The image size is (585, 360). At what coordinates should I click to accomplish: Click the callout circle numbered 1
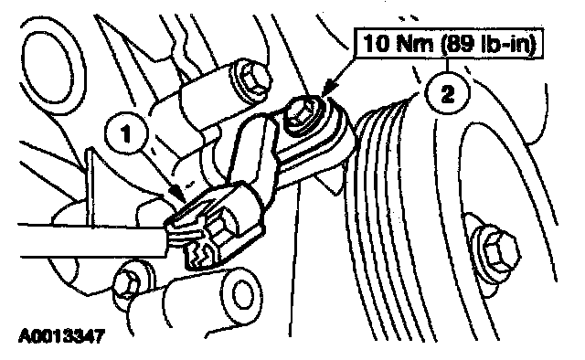126,133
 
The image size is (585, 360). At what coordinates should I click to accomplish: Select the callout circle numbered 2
447,93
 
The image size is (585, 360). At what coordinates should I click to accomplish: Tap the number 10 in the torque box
378,43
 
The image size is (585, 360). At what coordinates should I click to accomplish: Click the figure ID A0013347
61,336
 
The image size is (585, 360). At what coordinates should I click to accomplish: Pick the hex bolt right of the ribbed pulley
496,249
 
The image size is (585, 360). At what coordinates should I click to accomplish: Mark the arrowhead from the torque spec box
326,91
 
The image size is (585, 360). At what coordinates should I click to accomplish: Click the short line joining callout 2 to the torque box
447,66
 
